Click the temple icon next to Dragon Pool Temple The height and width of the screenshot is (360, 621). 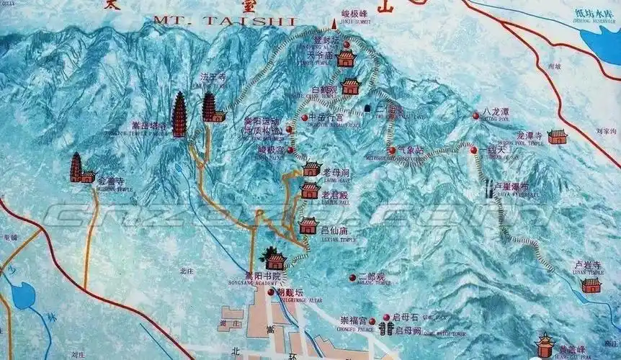(557, 137)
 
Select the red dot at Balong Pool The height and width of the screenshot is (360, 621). (475, 116)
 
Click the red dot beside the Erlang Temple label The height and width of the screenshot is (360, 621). (353, 277)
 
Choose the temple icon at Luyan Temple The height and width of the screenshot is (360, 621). (591, 285)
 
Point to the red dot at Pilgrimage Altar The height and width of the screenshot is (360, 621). (271, 292)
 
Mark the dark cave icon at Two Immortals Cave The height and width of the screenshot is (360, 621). (368, 109)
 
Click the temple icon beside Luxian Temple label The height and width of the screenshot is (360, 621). (308, 226)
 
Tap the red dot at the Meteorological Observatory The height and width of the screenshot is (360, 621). (392, 150)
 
